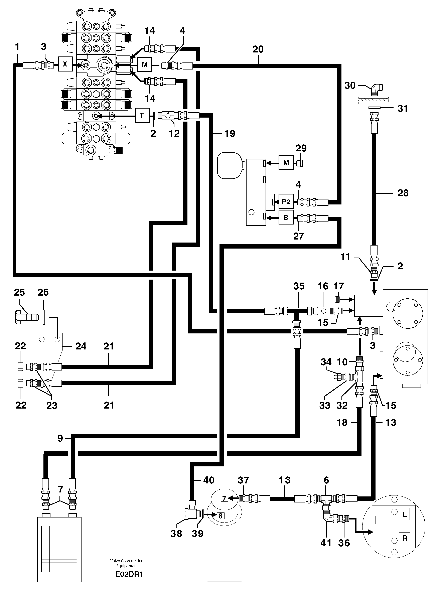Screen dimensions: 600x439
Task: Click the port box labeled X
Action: (65, 64)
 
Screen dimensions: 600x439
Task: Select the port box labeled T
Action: (142, 115)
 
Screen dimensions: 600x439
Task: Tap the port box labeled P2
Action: (286, 202)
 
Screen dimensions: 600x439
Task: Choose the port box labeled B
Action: (286, 218)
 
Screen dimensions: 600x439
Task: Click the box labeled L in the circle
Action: (405, 515)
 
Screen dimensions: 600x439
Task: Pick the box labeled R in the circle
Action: (405, 538)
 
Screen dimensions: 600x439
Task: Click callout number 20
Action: (258, 49)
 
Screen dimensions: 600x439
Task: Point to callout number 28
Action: (403, 193)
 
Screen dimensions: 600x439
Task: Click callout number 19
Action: (230, 133)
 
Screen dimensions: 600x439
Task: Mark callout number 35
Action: (299, 286)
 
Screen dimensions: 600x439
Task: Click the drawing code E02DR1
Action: (129, 575)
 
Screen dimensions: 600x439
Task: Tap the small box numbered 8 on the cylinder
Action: (220, 516)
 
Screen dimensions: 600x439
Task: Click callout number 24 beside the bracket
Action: (81, 346)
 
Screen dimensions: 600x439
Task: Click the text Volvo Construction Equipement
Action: (127, 563)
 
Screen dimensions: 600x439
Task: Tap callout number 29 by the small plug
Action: (301, 148)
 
